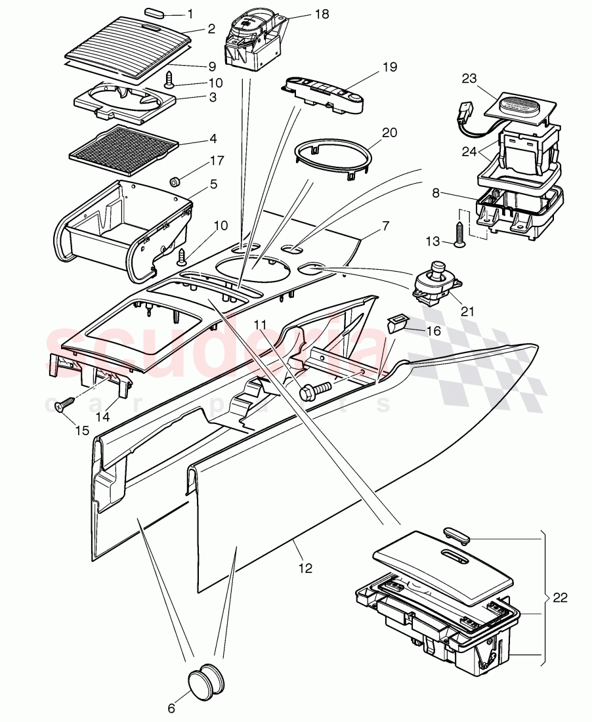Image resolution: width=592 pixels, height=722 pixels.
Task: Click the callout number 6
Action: (171, 708)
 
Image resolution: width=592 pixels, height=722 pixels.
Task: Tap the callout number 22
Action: (559, 598)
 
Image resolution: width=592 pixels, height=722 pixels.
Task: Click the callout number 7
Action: (385, 225)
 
